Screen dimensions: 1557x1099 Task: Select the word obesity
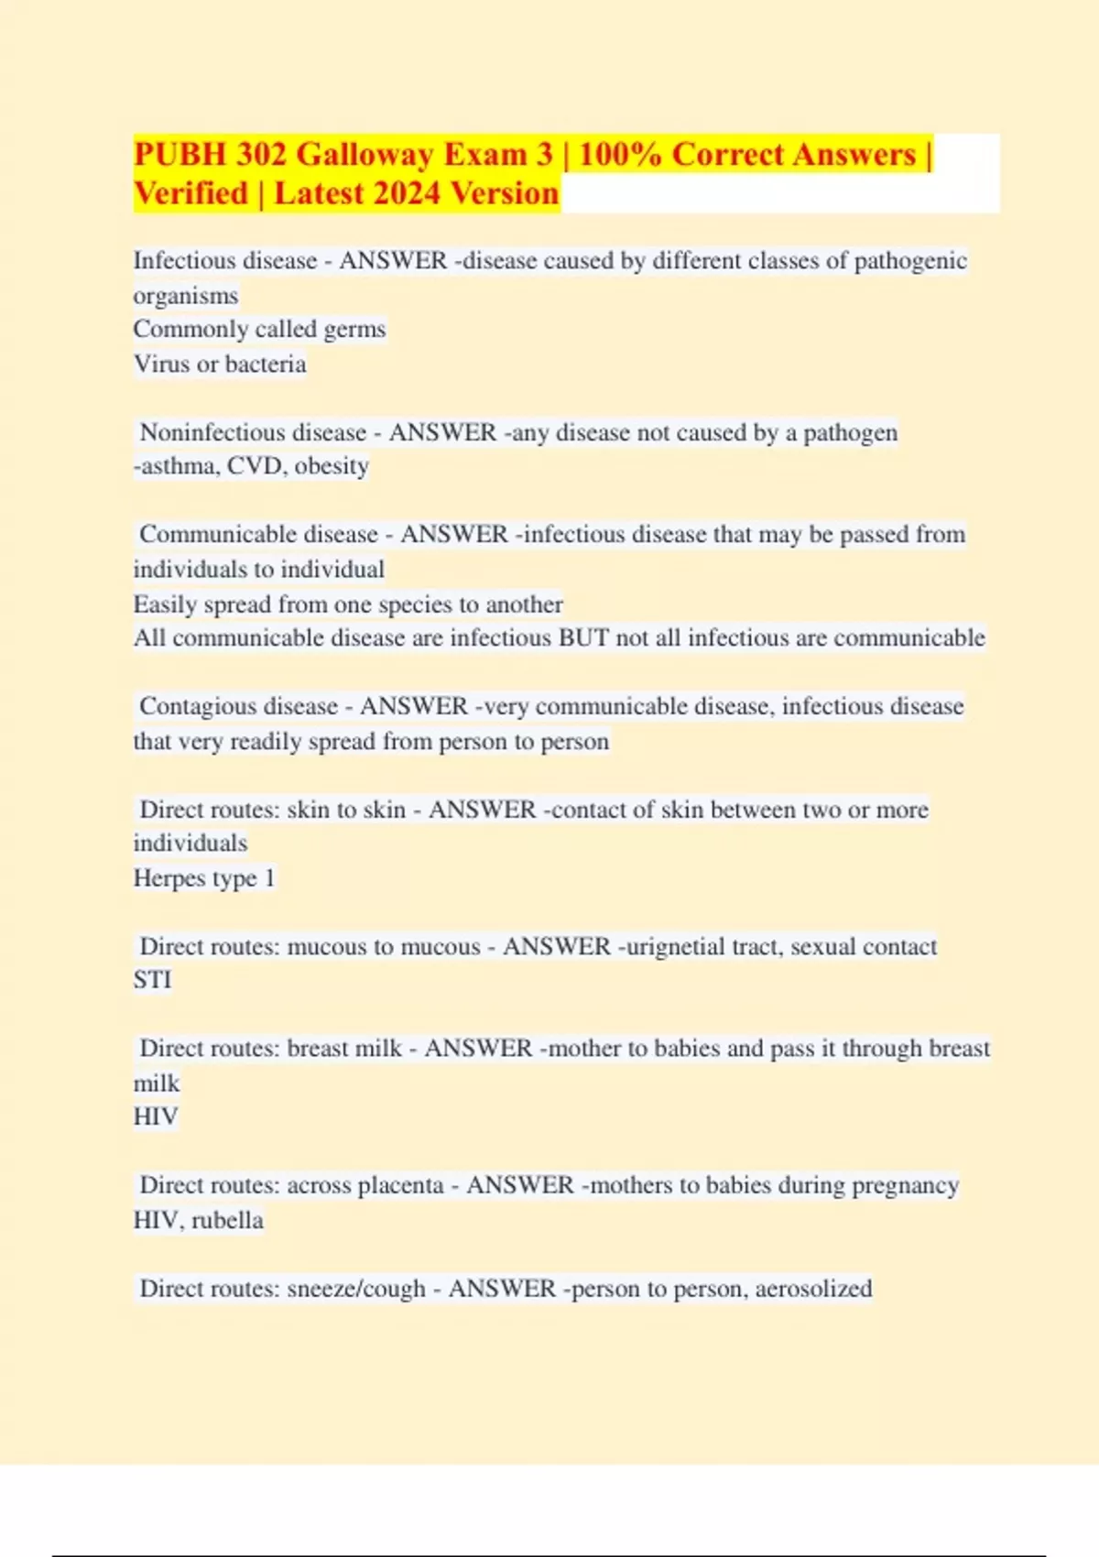pos(332,466)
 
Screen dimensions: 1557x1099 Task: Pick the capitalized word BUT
pos(583,638)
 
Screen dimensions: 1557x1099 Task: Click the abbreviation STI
pos(152,980)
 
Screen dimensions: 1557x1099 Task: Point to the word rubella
pos(227,1220)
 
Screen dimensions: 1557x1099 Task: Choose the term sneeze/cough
pos(356,1289)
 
